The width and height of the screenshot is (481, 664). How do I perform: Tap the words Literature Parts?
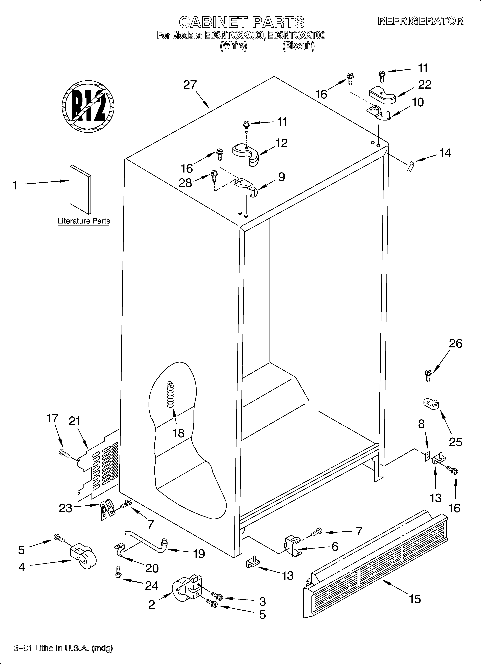(84, 221)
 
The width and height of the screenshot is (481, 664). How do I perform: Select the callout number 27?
(190, 85)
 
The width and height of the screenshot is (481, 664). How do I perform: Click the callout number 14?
(445, 153)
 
